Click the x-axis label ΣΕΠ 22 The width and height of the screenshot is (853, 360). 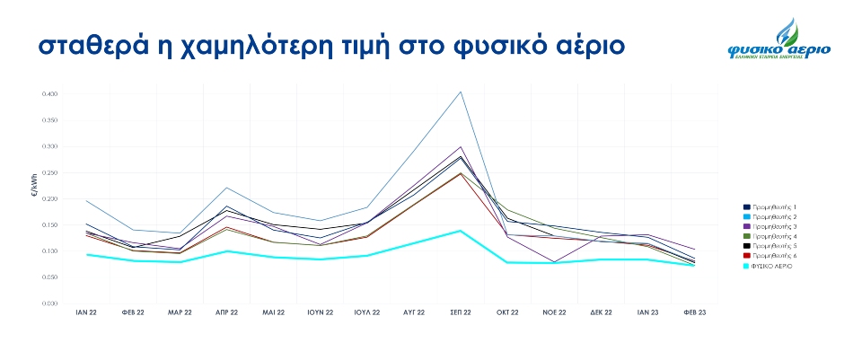pyautogui.click(x=461, y=312)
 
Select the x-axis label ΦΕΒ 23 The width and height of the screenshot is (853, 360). pyautogui.click(x=694, y=312)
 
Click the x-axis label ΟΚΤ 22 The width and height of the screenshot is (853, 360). pyautogui.click(x=507, y=312)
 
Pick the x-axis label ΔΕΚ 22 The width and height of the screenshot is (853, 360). pyautogui.click(x=601, y=312)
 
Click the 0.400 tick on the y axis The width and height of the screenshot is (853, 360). pyautogui.click(x=49, y=93)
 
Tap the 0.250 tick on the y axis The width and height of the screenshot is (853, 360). pyautogui.click(x=49, y=172)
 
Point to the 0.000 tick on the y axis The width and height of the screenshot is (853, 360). pyautogui.click(x=49, y=303)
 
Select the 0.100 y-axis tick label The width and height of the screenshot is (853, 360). pyautogui.click(x=49, y=251)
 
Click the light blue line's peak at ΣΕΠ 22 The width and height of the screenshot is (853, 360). pyautogui.click(x=461, y=92)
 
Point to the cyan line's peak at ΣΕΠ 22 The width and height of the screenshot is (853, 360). pyautogui.click(x=461, y=231)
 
